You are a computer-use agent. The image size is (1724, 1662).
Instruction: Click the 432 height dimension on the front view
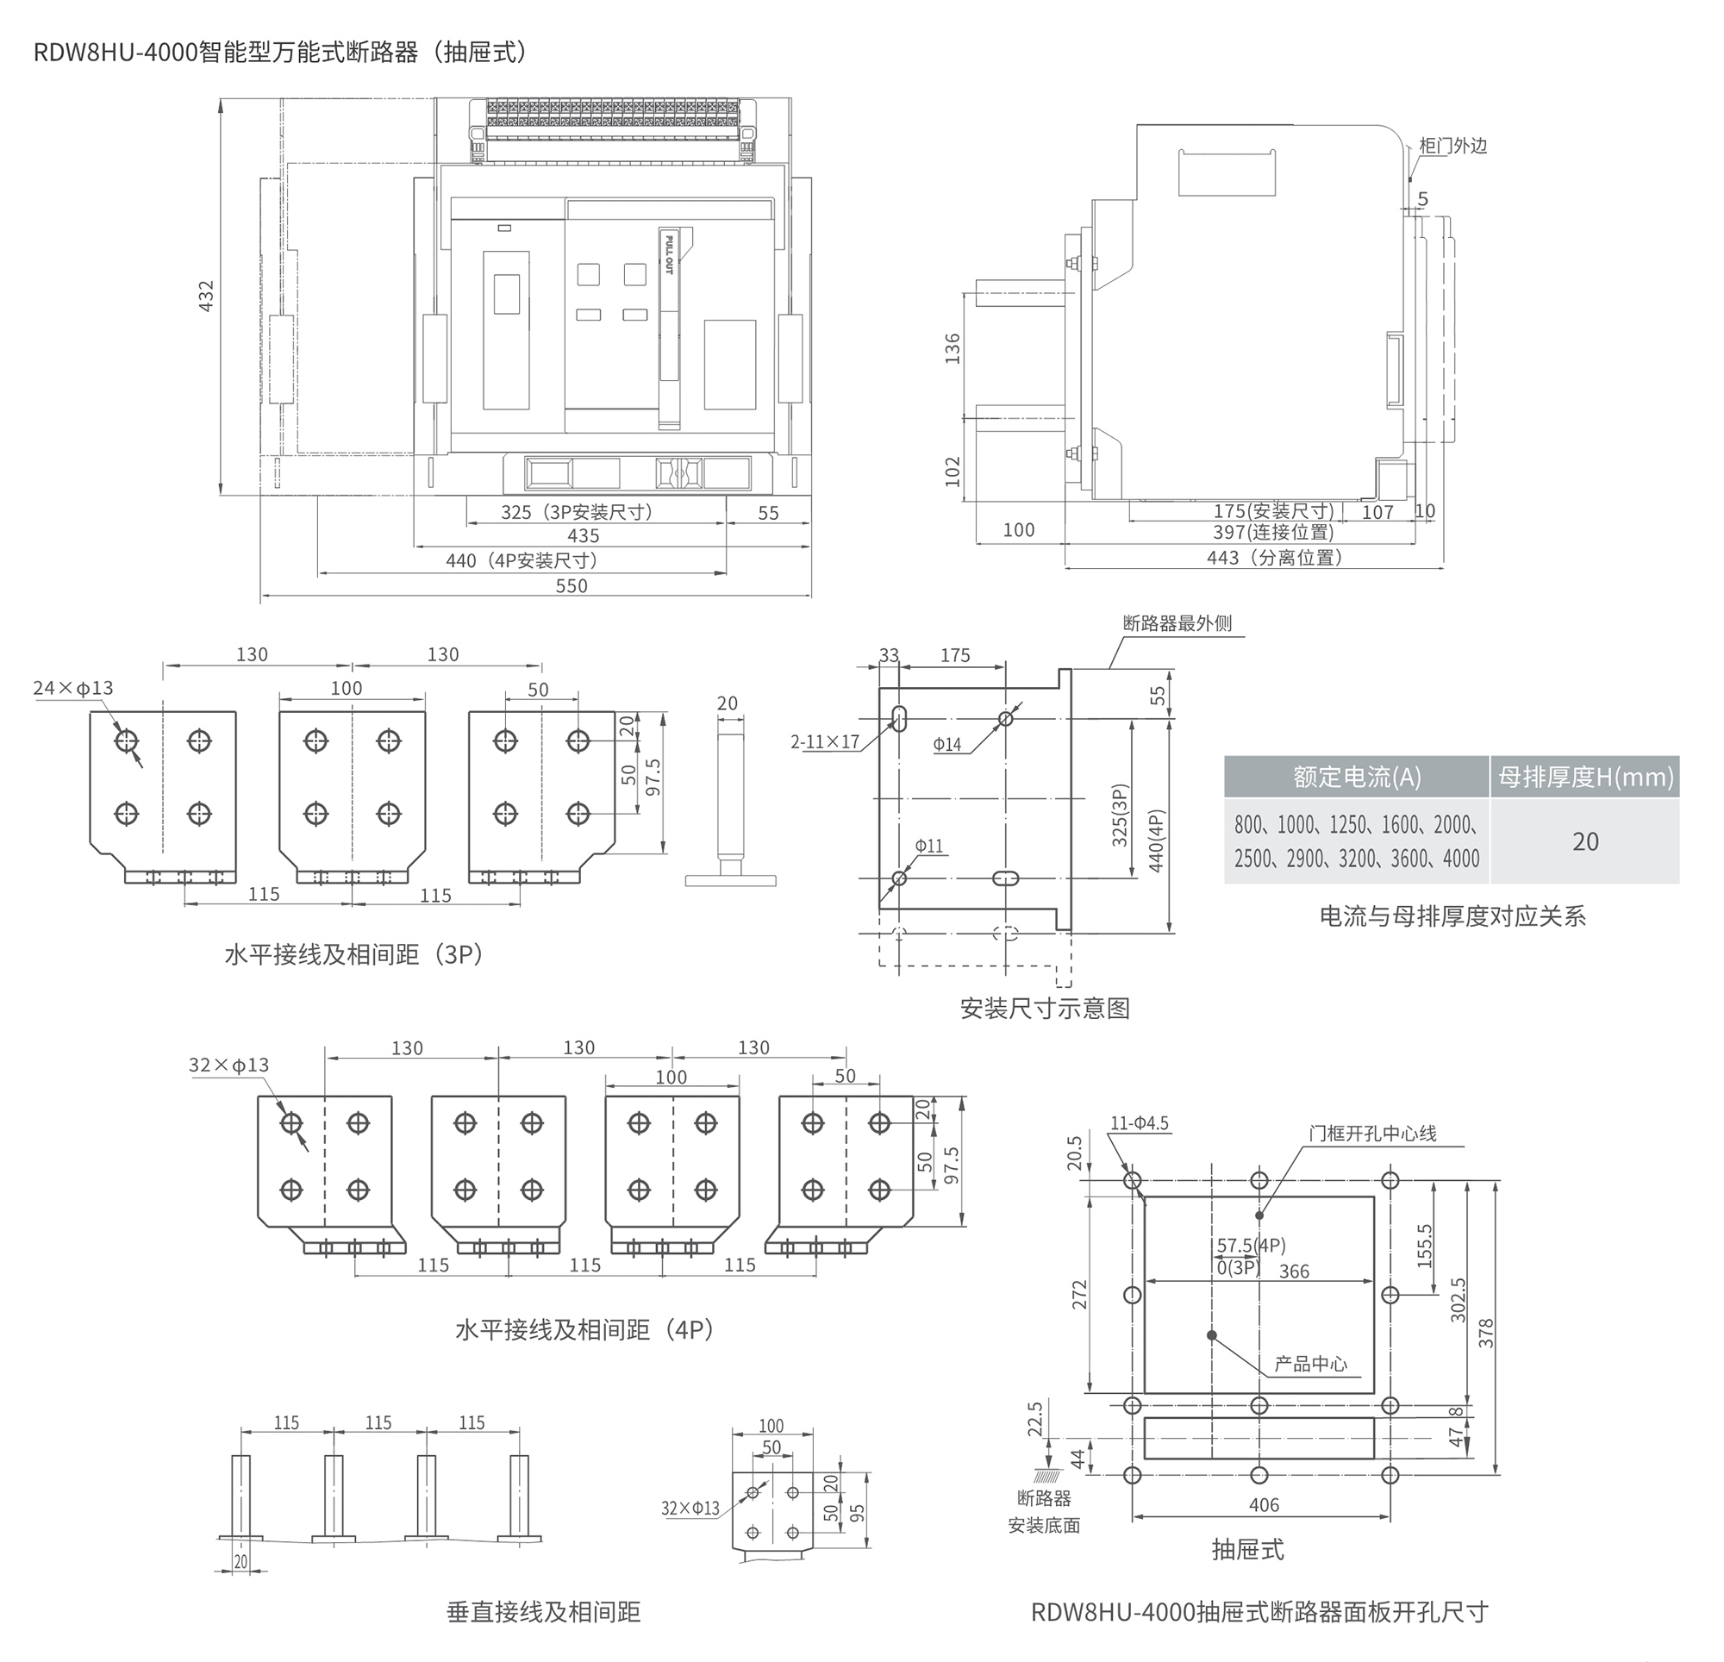tap(206, 297)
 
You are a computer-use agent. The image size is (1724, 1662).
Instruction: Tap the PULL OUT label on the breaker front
tap(669, 255)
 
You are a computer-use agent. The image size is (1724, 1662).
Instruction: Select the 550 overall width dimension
tap(571, 586)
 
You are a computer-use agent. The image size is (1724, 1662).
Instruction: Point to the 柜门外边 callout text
tap(1453, 146)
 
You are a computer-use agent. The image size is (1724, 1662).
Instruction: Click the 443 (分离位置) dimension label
tap(1275, 558)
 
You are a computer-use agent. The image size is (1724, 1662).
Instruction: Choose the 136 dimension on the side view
tap(953, 348)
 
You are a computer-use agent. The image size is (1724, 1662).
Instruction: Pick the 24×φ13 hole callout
tap(73, 688)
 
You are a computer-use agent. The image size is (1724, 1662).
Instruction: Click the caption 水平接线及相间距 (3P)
tap(353, 954)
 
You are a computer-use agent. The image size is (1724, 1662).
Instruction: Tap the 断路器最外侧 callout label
tap(1177, 624)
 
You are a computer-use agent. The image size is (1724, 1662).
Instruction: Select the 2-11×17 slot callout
tap(824, 741)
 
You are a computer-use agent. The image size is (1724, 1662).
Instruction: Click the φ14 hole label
tap(947, 744)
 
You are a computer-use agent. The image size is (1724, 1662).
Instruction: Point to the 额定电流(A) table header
tap(1356, 777)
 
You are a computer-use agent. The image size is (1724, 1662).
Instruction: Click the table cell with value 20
tap(1585, 842)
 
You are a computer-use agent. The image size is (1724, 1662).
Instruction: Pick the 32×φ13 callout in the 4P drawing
tap(228, 1065)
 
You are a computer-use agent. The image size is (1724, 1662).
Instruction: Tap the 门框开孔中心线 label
tap(1372, 1134)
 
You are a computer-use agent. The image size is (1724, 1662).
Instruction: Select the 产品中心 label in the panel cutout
tap(1310, 1365)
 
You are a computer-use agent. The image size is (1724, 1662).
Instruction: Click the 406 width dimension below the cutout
tap(1264, 1505)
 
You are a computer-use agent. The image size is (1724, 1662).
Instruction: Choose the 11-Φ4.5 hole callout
tap(1139, 1123)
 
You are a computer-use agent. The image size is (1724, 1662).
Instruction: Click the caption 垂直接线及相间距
tap(544, 1613)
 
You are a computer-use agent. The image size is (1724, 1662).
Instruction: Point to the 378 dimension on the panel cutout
tap(1485, 1334)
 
